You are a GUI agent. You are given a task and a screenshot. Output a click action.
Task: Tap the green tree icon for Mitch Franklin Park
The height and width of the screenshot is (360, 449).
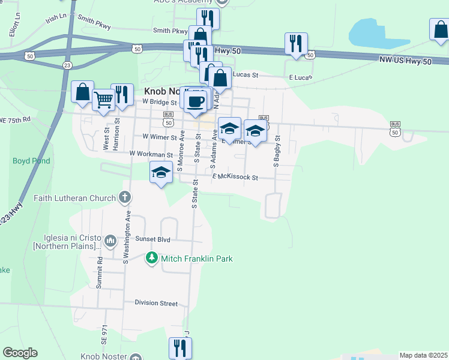[152, 258]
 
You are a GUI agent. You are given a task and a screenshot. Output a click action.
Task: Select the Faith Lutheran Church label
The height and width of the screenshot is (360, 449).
[74, 198]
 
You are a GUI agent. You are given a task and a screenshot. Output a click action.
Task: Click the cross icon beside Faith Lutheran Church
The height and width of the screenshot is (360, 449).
[124, 197]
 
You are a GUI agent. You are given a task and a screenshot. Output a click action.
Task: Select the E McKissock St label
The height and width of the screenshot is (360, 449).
[235, 178]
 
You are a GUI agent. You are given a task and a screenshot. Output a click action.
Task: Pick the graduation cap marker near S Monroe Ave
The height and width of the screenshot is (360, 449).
[161, 172]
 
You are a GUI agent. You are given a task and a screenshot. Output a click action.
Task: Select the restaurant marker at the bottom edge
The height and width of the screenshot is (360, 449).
[179, 347]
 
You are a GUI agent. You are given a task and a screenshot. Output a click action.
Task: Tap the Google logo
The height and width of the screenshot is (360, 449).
[20, 353]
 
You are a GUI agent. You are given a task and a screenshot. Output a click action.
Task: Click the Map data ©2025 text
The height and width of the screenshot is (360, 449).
[423, 355]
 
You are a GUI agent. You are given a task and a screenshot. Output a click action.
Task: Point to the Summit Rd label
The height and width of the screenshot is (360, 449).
[101, 271]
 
